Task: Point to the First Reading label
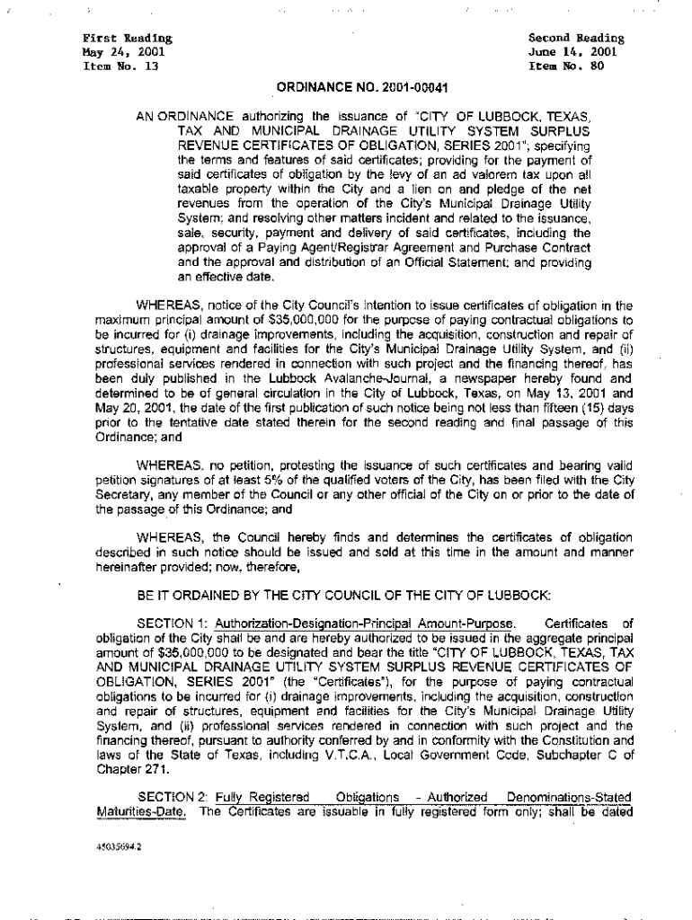tap(115, 40)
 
